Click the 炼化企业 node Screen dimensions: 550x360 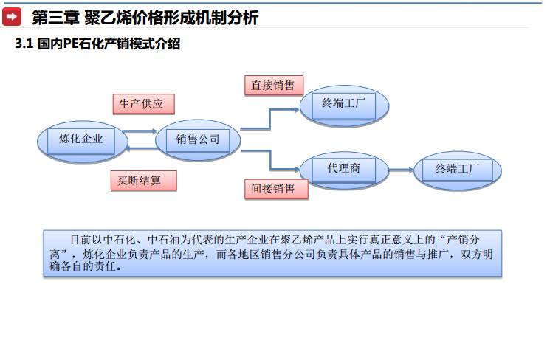click(x=81, y=139)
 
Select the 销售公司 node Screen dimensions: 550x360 click(x=198, y=139)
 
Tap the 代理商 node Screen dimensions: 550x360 click(x=343, y=169)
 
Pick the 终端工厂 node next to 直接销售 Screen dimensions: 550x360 click(x=343, y=105)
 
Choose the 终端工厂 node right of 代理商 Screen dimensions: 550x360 click(x=458, y=169)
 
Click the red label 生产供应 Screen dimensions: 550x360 click(x=143, y=103)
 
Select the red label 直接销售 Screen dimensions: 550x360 click(x=273, y=86)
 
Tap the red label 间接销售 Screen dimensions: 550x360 click(x=273, y=189)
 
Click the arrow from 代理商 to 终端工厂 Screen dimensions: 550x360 click(x=401, y=170)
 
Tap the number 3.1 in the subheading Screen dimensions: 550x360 click(x=24, y=44)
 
